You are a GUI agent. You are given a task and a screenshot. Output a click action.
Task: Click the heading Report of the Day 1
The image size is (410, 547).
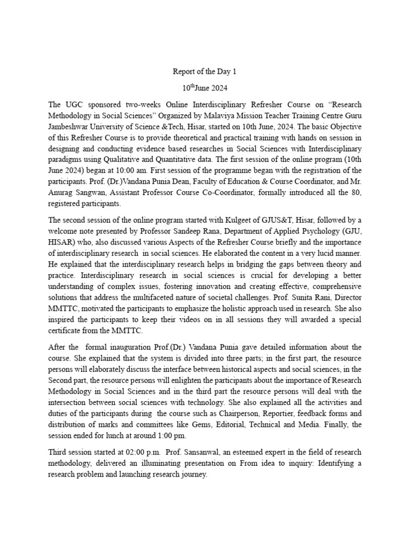pyautogui.click(x=204, y=72)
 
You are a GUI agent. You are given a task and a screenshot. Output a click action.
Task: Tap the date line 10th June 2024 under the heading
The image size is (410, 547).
pyautogui.click(x=204, y=86)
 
